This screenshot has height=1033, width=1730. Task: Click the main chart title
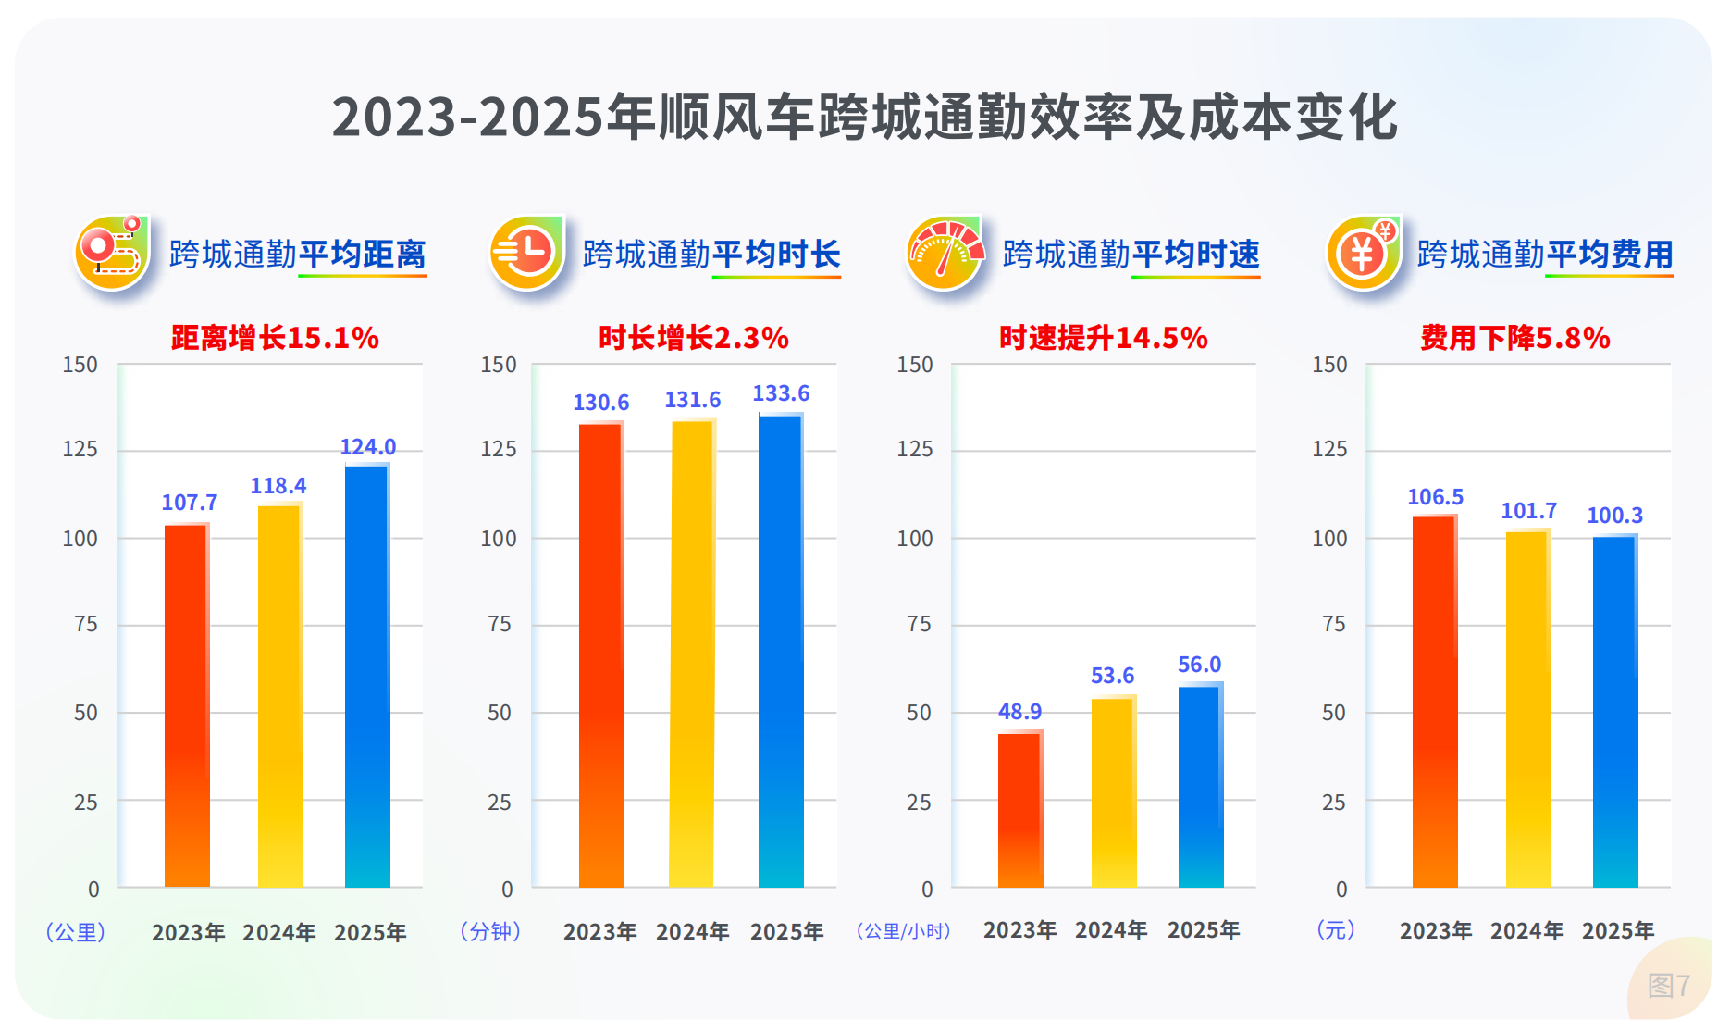(864, 118)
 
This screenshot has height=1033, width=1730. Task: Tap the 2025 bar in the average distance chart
(367, 676)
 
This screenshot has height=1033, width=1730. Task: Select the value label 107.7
(190, 503)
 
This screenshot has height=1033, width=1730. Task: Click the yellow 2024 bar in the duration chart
(692, 653)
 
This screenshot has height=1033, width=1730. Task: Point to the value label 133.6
(781, 393)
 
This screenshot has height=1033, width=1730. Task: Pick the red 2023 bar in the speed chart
(1020, 810)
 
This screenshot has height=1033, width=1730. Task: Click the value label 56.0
(1199, 665)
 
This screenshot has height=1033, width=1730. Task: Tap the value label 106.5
(1435, 497)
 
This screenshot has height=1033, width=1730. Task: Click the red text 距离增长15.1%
(275, 338)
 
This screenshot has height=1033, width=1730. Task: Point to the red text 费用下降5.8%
(1515, 338)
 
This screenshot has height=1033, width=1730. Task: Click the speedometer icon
(945, 253)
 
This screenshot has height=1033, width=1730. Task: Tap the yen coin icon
(1363, 253)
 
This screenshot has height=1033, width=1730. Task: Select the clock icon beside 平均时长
(526, 253)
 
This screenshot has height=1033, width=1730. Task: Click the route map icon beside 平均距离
(112, 253)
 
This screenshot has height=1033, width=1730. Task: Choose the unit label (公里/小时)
(903, 930)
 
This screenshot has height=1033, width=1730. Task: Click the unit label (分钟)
(490, 931)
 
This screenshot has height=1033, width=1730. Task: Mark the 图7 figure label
(1668, 985)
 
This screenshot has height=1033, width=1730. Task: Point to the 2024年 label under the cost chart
(1526, 930)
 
